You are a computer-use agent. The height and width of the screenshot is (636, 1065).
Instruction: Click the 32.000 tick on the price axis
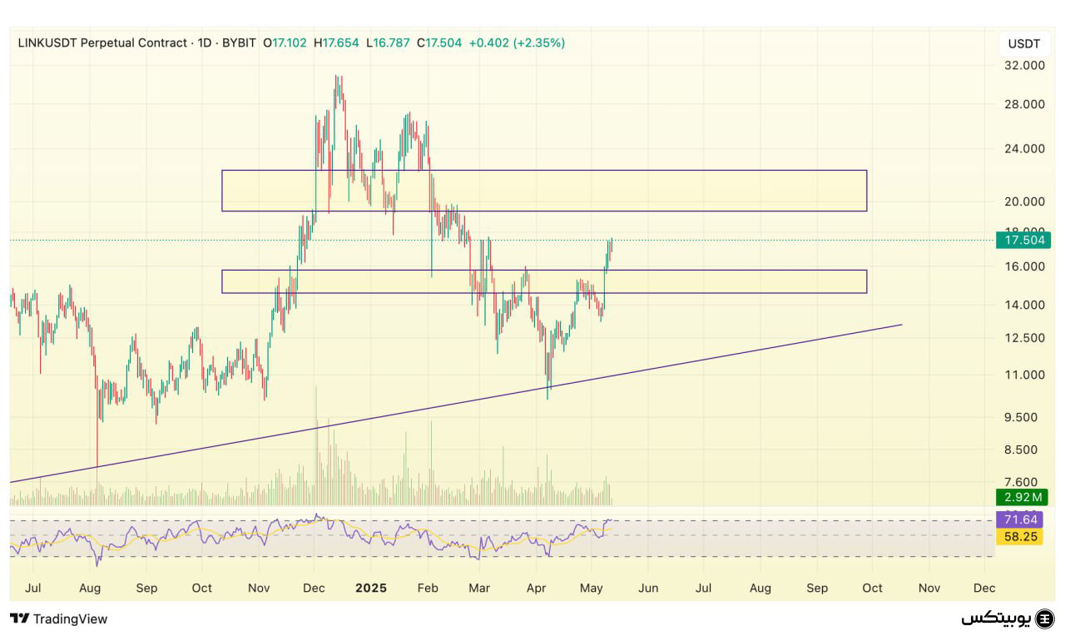pos(1024,66)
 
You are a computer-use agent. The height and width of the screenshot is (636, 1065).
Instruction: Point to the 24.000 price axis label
pos(1024,149)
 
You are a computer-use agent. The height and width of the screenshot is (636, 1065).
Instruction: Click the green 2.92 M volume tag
pos(1020,498)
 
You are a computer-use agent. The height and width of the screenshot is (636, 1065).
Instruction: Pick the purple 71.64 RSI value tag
pos(1019,520)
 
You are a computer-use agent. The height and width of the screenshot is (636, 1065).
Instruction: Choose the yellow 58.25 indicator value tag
pos(1019,537)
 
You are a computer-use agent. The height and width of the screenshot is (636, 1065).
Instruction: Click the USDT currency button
pos(1023,43)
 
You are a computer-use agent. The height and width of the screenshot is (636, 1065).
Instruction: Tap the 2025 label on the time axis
pos(371,588)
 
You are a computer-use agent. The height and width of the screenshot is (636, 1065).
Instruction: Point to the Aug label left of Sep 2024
pos(90,588)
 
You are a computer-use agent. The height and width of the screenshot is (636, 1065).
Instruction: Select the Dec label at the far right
pos(984,588)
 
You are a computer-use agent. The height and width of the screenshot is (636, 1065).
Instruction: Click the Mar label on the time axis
pos(479,588)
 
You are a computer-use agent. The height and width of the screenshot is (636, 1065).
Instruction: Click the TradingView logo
pos(58,619)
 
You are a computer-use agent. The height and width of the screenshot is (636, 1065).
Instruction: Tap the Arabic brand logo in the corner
pos(1008,619)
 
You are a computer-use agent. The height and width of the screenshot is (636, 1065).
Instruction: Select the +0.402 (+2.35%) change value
pos(517,42)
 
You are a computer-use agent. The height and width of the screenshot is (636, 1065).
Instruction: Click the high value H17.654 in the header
pos(336,42)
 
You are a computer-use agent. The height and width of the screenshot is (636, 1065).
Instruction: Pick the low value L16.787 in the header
pos(388,42)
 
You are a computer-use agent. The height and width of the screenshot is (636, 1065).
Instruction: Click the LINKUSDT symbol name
pos(49,42)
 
